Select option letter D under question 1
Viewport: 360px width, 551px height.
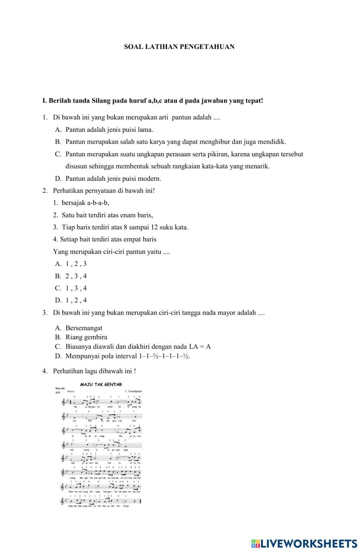tap(58, 179)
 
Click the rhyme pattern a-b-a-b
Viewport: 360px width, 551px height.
tap(98, 203)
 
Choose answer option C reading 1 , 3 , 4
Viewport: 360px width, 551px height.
tap(71, 288)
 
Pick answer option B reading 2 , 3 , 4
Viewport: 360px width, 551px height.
tap(71, 276)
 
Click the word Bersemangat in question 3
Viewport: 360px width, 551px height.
tap(84, 328)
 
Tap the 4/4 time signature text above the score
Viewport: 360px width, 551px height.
tap(58, 392)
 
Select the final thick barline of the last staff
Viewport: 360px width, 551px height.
tap(140, 501)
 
